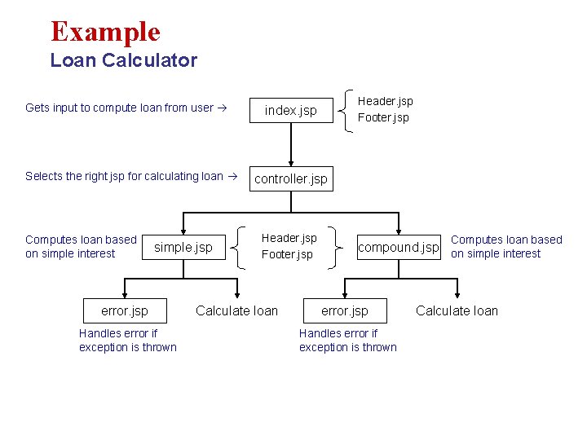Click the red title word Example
pyautogui.click(x=105, y=32)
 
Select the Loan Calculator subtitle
pyautogui.click(x=123, y=60)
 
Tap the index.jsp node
pyautogui.click(x=290, y=110)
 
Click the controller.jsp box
pyautogui.click(x=290, y=178)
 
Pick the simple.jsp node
pyautogui.click(x=183, y=247)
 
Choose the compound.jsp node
pyautogui.click(x=399, y=247)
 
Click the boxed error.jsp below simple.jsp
pyautogui.click(x=125, y=310)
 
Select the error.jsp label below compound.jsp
pyautogui.click(x=344, y=310)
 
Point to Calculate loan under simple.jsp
pyautogui.click(x=236, y=310)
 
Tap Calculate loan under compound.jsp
pyautogui.click(x=457, y=310)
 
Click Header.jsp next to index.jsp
pyautogui.click(x=386, y=101)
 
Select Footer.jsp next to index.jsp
pyautogui.click(x=383, y=117)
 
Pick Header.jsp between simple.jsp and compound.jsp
pyautogui.click(x=289, y=238)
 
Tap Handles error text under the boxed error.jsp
pyautogui.click(x=128, y=340)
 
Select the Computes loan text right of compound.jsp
pyautogui.click(x=506, y=246)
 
